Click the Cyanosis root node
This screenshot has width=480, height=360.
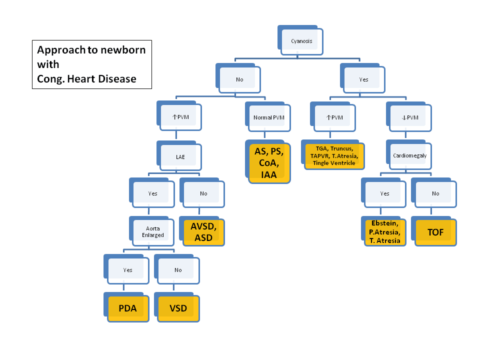301,41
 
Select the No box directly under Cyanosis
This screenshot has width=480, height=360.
239,79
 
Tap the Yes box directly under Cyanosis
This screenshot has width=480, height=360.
363,79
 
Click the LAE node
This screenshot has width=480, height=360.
180,156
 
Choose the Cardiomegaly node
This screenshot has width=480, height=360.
409,155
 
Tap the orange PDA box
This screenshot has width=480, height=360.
128,308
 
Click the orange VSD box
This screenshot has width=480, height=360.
178,308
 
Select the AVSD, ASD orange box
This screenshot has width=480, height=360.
203,232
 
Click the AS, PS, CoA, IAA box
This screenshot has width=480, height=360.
269,162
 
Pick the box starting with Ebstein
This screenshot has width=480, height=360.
384,232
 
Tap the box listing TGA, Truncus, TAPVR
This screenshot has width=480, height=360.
334,156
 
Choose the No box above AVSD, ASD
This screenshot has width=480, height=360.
203,193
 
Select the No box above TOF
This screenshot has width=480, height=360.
435,193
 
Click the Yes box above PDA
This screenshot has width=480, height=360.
128,270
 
